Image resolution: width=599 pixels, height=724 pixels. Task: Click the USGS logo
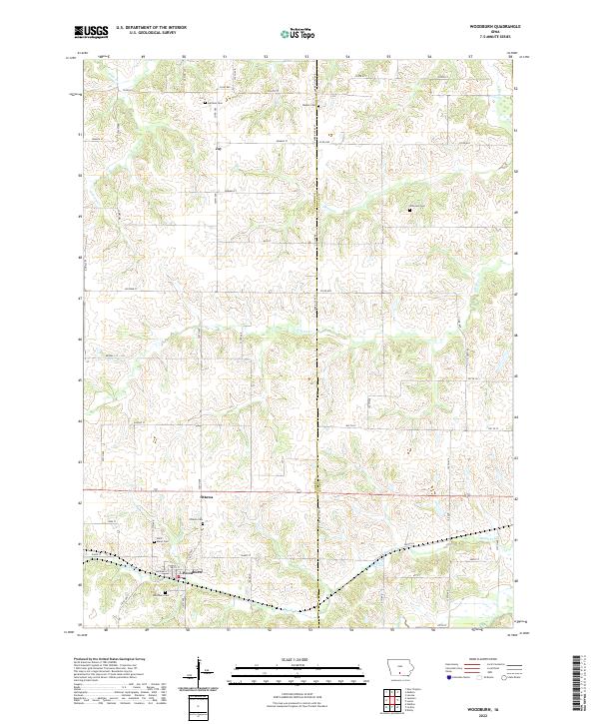(x=91, y=32)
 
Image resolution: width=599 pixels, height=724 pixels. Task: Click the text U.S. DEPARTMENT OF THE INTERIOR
(x=151, y=28)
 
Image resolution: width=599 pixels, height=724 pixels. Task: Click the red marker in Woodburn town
(x=178, y=576)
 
